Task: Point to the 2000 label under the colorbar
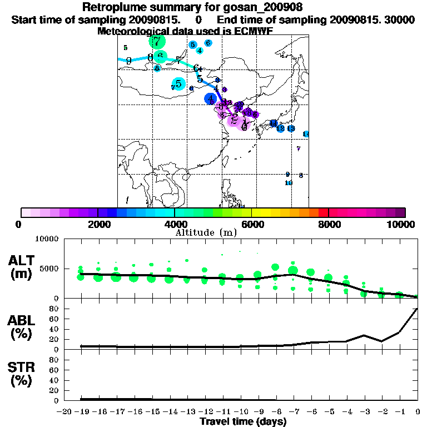click(x=97, y=224)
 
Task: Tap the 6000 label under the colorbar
click(x=251, y=224)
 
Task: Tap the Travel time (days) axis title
click(x=243, y=422)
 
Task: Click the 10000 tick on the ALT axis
click(x=47, y=239)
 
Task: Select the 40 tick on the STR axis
click(x=54, y=380)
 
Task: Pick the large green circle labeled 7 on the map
click(x=157, y=41)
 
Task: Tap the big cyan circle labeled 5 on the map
click(x=178, y=83)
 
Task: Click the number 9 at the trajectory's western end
click(x=128, y=61)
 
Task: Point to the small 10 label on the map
click(x=288, y=183)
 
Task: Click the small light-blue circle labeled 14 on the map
click(x=306, y=134)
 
